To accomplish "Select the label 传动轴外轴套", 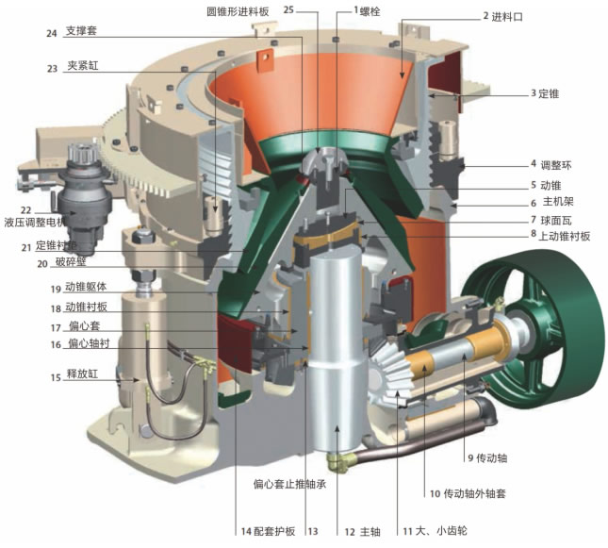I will click(x=465, y=493).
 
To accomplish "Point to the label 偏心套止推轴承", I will click(x=289, y=486).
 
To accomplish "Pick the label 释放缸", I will click(x=83, y=374).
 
